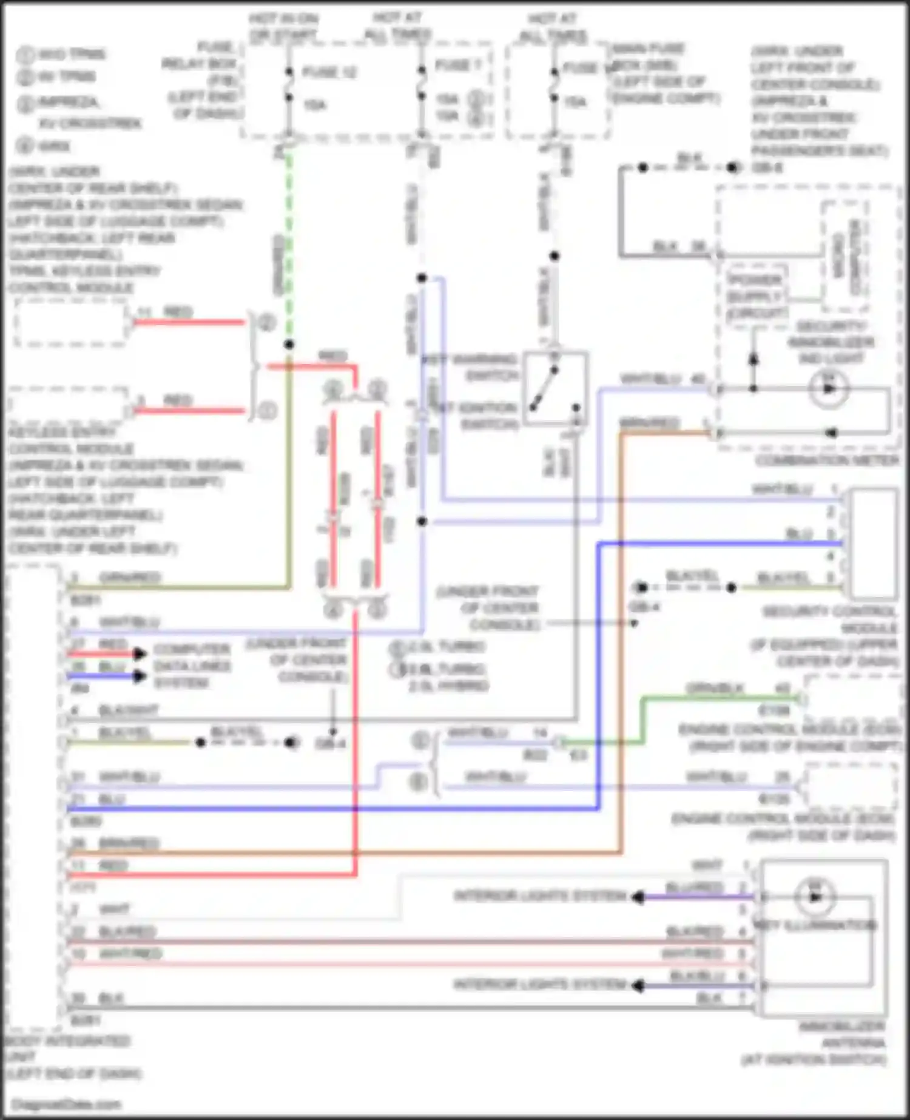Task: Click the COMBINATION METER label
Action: [x=827, y=461]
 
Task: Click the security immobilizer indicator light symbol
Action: [x=829, y=388]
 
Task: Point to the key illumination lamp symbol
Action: [x=815, y=897]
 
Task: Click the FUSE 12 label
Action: [x=329, y=72]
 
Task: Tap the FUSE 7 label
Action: [x=456, y=65]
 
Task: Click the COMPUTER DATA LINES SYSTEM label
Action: [x=192, y=666]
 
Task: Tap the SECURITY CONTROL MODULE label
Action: [x=829, y=636]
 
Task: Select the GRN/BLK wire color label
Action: [x=715, y=689]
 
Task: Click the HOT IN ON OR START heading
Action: [x=283, y=27]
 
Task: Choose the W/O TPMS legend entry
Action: [x=71, y=54]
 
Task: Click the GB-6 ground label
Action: [x=767, y=167]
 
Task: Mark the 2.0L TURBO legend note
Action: [x=445, y=647]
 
